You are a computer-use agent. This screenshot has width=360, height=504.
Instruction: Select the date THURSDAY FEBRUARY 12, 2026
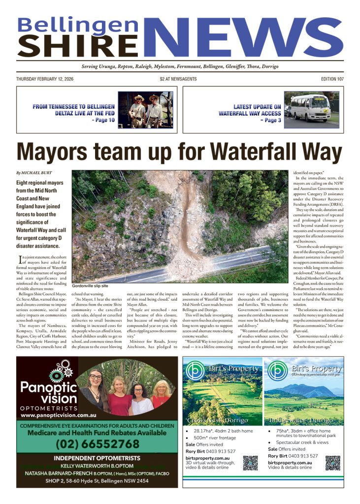[45, 79]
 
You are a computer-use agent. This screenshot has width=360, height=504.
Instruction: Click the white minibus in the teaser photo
[310, 108]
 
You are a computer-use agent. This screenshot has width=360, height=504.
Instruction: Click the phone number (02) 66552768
[97, 444]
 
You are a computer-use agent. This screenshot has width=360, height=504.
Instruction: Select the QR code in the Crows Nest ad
[250, 463]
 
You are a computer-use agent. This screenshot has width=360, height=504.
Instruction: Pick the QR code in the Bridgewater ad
[332, 463]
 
